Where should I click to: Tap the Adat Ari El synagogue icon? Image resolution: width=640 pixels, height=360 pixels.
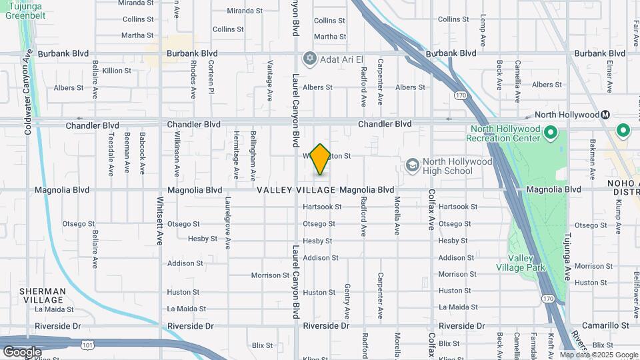pyautogui.click(x=309, y=59)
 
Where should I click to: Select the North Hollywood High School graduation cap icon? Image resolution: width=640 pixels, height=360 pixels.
pyautogui.click(x=413, y=165)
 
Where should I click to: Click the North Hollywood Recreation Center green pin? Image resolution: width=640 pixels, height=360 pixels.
pyautogui.click(x=551, y=133)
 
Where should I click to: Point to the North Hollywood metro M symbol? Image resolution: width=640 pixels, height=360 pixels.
pyautogui.click(x=605, y=114)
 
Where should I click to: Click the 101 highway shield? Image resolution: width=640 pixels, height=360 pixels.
pyautogui.click(x=87, y=345)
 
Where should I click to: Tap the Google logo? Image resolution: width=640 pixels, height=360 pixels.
pyautogui.click(x=21, y=351)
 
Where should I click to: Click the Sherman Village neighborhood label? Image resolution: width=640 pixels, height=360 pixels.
pyautogui.click(x=42, y=295)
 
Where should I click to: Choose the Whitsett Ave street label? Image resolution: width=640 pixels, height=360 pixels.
pyautogui.click(x=161, y=221)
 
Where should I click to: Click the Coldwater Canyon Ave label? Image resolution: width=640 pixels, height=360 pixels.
pyautogui.click(x=28, y=91)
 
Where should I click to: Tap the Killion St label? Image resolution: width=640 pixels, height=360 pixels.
pyautogui.click(x=117, y=70)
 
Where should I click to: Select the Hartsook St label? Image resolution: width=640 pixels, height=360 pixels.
pyautogui.click(x=322, y=207)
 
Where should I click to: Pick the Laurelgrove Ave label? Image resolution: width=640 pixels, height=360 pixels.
pyautogui.click(x=228, y=222)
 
